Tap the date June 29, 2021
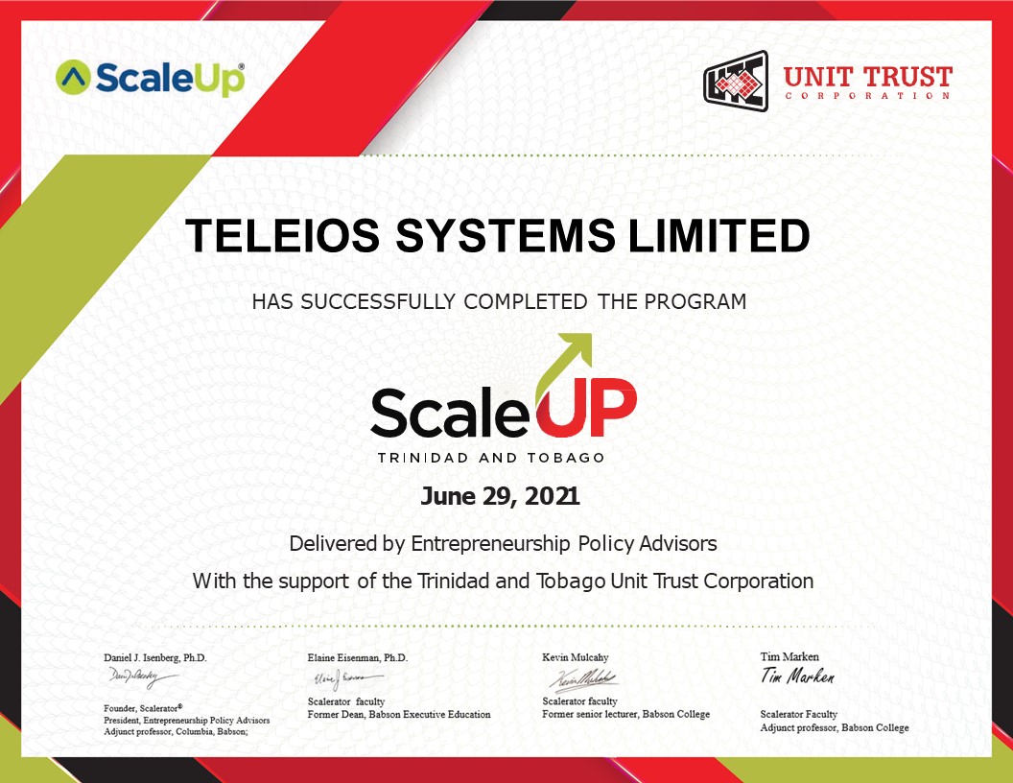[500, 497]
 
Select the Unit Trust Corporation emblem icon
[737, 80]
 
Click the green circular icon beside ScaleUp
[73, 78]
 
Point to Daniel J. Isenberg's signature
[142, 678]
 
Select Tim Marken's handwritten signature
[797, 676]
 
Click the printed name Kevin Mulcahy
[576, 657]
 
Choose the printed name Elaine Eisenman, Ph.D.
[358, 657]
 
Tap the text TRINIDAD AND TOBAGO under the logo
[491, 458]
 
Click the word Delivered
[333, 543]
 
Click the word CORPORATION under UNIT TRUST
[867, 96]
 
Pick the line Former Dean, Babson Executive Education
[399, 715]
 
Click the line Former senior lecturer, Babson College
[626, 715]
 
